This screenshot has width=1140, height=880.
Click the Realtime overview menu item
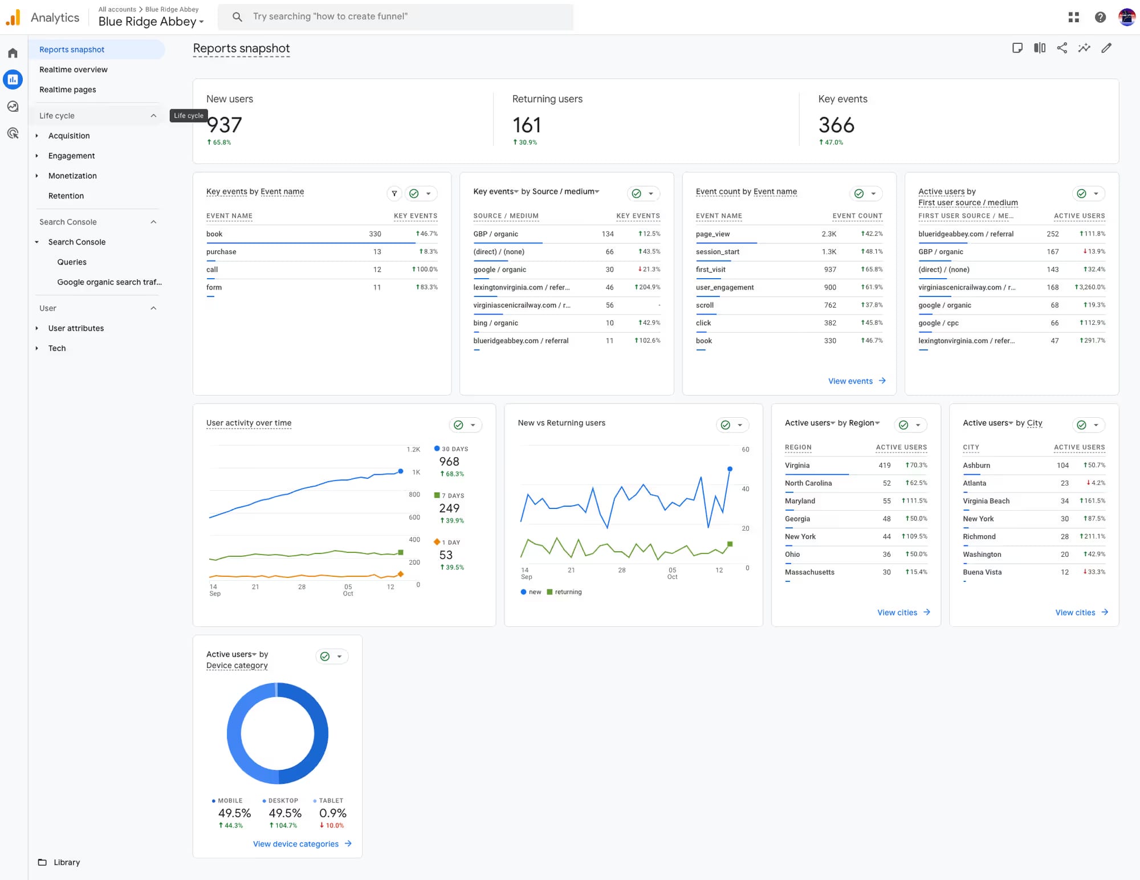click(73, 70)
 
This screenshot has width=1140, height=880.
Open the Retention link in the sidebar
click(66, 195)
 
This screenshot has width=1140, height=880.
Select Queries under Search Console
click(72, 262)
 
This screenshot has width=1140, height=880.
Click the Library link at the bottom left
click(66, 862)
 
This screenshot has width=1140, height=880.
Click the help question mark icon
click(1100, 17)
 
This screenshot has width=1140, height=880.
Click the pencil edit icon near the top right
click(1106, 48)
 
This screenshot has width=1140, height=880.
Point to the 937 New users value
click(225, 125)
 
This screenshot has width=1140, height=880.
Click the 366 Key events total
click(836, 125)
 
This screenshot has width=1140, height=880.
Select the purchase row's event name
click(221, 252)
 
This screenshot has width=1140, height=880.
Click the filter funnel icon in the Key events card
click(394, 194)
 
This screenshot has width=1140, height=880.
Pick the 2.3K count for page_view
click(829, 234)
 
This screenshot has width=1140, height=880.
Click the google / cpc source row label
click(938, 323)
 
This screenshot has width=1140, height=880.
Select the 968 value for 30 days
click(449, 462)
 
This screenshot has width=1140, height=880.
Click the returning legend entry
click(568, 592)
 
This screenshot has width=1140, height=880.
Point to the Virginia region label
click(797, 466)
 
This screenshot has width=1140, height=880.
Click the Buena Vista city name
click(982, 572)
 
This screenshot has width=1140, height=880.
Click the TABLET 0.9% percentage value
click(332, 813)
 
